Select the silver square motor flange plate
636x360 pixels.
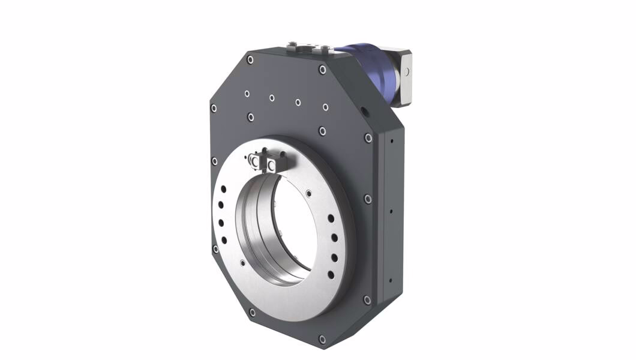(403, 78)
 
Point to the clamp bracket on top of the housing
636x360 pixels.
(308, 47)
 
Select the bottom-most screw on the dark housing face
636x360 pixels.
(322, 340)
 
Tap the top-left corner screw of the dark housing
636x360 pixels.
(250, 59)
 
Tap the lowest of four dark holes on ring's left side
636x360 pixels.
(224, 240)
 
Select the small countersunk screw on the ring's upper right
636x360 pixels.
(308, 193)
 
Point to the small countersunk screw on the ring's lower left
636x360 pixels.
(242, 263)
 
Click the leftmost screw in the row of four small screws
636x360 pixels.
(247, 94)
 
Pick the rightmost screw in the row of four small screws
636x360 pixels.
(325, 107)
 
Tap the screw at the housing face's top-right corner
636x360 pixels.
(323, 70)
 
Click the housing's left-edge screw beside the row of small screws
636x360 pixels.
(214, 108)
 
